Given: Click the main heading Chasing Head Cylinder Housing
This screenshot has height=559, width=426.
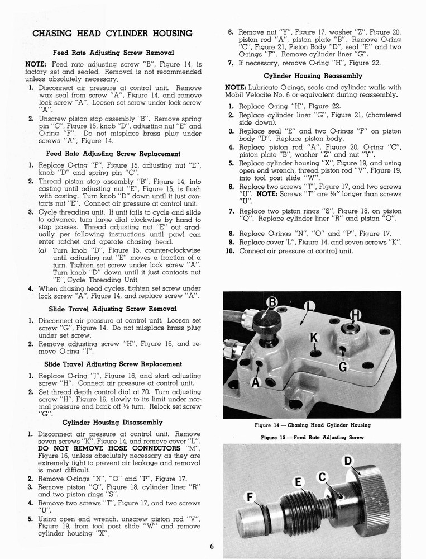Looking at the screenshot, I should pos(113,33).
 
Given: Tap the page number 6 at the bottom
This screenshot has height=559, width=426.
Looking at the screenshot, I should pos(213,547).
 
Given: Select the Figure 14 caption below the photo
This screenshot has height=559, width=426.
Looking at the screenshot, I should pos(312,425).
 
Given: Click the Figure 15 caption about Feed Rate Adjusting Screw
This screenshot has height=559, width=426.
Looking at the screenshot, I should pos(312,437).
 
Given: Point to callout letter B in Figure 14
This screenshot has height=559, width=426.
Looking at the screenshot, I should pos(272,302).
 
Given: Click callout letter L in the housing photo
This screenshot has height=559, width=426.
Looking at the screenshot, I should pos(310,306).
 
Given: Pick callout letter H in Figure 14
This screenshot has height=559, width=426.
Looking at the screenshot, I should pos(355,315).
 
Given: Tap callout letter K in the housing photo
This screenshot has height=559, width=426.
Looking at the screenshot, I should pos(314,338).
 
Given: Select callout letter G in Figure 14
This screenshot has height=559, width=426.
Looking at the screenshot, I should pos(343,367).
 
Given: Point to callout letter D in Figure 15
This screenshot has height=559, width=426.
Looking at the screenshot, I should pos(348,461).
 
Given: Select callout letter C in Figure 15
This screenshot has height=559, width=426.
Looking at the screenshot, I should pos(322,477).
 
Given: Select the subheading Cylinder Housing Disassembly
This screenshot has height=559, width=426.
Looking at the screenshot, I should pos(113,422).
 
